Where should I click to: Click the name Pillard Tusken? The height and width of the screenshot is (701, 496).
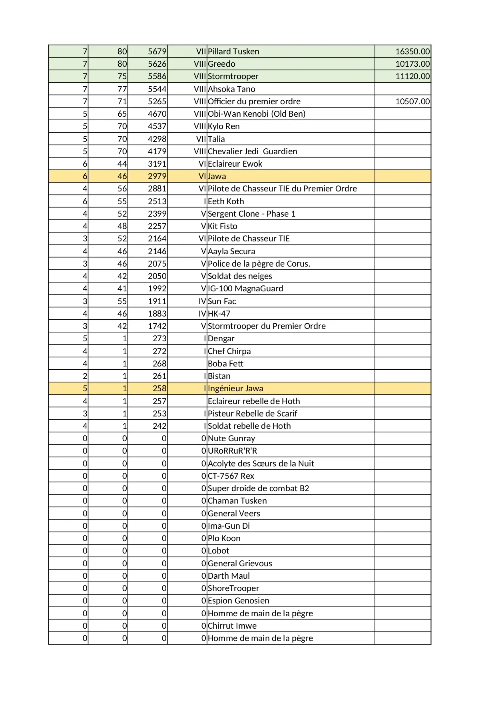click(233, 52)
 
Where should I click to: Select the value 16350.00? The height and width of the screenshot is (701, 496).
click(412, 52)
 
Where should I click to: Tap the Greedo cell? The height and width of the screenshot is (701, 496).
click(221, 64)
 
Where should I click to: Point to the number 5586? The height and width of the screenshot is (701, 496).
click(157, 76)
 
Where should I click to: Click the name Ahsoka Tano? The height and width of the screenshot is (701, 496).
click(231, 89)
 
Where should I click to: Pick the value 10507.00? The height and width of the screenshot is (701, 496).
click(412, 102)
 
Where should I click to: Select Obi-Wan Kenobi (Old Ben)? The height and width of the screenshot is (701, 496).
click(257, 114)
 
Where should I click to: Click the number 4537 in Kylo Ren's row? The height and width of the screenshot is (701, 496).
click(157, 126)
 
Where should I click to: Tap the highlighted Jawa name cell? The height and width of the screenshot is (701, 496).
click(217, 176)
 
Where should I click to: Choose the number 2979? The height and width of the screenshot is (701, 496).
click(157, 176)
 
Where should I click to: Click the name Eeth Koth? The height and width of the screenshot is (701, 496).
click(226, 201)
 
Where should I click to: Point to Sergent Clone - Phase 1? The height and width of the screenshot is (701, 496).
click(252, 214)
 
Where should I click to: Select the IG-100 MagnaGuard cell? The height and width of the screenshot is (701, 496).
click(245, 289)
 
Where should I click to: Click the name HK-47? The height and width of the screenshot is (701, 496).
click(219, 314)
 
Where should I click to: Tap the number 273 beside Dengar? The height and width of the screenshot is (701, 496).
click(159, 339)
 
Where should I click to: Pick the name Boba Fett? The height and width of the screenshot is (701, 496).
click(225, 364)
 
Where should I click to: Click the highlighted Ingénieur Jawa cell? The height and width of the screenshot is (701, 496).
click(235, 388)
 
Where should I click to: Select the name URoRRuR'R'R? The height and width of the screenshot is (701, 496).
click(233, 451)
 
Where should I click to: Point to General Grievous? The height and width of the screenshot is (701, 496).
click(240, 564)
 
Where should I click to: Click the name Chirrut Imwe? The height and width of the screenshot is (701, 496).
click(232, 626)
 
